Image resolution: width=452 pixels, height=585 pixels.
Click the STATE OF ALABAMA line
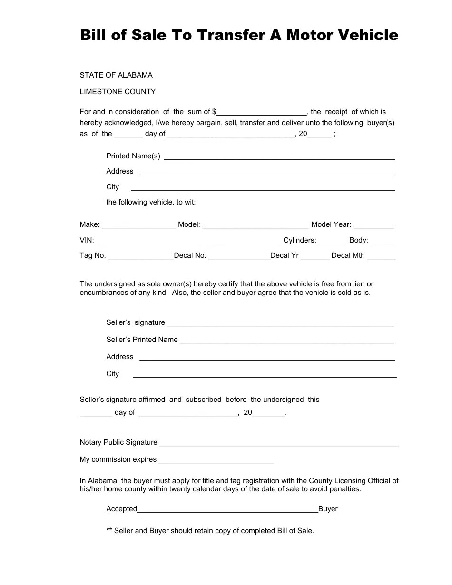tap(116, 75)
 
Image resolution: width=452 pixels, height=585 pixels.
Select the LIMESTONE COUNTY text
tap(118, 92)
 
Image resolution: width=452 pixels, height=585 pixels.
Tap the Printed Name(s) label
tap(133, 156)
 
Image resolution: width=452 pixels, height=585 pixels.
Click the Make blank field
tap(138, 225)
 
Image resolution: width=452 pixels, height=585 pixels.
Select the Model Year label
tap(331, 224)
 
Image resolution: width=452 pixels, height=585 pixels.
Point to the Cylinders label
tap(300, 240)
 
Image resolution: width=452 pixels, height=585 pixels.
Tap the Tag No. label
tap(93, 255)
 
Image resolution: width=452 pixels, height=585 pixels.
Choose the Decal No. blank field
tap(239, 256)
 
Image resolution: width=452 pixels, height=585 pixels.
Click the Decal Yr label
tap(285, 255)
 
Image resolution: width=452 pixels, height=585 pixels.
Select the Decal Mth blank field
tap(381, 256)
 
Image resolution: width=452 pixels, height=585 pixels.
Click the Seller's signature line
tap(280, 323)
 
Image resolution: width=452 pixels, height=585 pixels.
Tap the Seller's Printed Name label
tap(142, 340)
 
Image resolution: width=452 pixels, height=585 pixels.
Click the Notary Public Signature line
tap(279, 443)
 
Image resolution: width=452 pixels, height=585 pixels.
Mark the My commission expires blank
tap(216, 460)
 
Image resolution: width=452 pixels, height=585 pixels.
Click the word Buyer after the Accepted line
tap(328, 509)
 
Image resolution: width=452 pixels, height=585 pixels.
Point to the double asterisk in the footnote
tap(109, 531)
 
